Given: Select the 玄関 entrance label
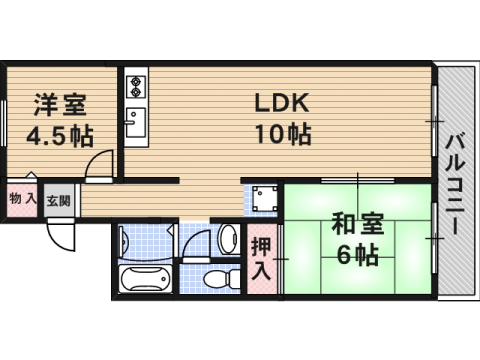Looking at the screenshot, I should (57, 199).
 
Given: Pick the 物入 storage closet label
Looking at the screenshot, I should (22, 199).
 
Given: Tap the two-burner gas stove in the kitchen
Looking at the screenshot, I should (135, 86).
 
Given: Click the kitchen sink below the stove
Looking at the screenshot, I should (135, 124).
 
